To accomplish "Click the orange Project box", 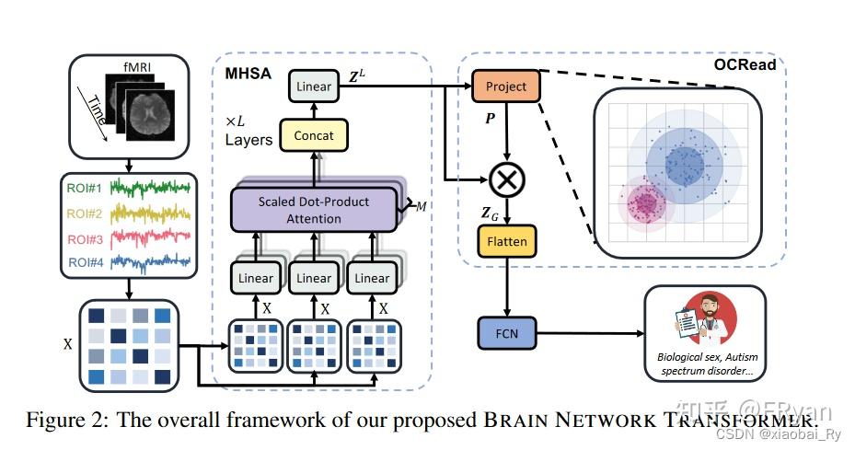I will pos(505,87).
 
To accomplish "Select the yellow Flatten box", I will pos(505,242).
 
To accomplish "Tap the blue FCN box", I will pos(505,331).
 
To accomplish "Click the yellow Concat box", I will pos(314,136).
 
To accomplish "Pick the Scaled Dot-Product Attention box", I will pos(313,210).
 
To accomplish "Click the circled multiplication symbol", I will pos(505,180).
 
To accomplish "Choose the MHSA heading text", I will pos(248,73).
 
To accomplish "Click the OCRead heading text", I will pos(745,64).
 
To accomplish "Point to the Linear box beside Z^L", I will pos(314,87).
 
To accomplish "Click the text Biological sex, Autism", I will pos(706,356).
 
